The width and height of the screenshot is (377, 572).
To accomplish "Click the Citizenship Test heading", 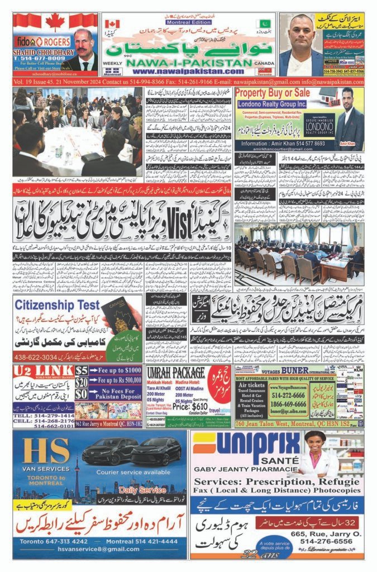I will click(57, 305).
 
